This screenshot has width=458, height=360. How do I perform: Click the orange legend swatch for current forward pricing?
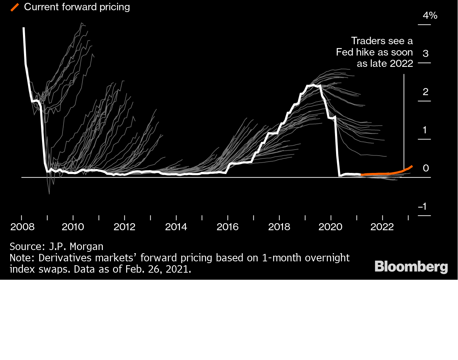click(14, 7)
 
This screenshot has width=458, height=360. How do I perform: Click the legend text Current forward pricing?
click(77, 7)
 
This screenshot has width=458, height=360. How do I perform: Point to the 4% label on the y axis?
click(430, 16)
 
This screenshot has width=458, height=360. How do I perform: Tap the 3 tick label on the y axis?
click(425, 53)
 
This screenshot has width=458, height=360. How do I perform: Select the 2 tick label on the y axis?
click(425, 92)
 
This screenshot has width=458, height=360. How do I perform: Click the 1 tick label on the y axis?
click(425, 130)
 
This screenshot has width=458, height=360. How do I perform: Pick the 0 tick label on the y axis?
click(426, 168)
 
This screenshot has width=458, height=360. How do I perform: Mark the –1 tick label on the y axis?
click(423, 207)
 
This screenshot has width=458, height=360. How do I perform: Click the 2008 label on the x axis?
click(22, 227)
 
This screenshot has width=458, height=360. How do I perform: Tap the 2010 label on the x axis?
click(73, 227)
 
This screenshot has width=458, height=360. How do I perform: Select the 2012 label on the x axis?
click(124, 227)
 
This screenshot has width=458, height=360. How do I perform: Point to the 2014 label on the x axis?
click(176, 227)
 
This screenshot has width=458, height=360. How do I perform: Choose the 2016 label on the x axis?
click(228, 227)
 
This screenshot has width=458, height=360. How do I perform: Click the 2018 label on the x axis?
click(279, 227)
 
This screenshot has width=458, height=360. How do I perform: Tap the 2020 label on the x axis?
click(330, 227)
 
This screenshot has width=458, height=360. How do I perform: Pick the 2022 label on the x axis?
click(382, 227)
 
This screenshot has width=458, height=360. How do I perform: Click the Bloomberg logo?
click(411, 267)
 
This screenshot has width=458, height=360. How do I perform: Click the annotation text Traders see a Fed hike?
click(375, 52)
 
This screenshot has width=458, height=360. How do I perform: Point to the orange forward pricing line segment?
click(385, 173)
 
